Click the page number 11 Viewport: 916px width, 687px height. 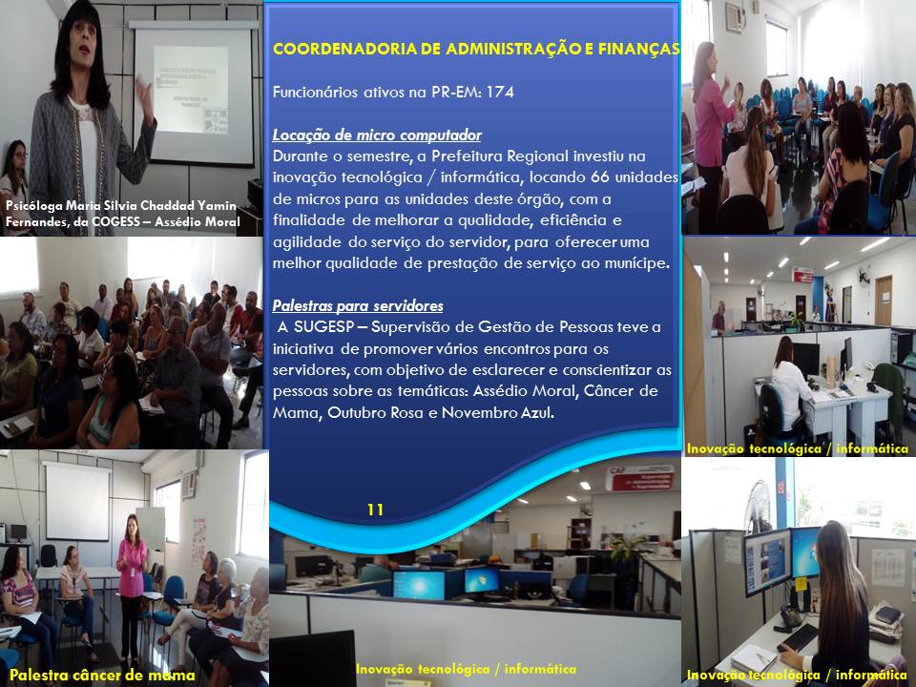tap(375, 510)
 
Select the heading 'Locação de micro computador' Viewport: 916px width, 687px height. tap(377, 135)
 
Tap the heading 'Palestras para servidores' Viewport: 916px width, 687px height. tap(358, 305)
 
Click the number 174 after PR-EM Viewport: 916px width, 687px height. tap(500, 92)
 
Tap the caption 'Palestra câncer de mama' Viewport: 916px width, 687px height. tap(102, 676)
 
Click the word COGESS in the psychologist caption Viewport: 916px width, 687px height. tap(116, 221)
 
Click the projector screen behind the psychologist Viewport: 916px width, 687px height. tap(194, 94)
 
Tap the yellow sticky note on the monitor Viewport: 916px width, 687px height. tap(801, 583)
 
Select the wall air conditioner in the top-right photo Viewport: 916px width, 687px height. tap(736, 16)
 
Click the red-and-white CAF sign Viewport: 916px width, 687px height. tap(639, 477)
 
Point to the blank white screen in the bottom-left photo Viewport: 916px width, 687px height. tap(77, 501)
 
